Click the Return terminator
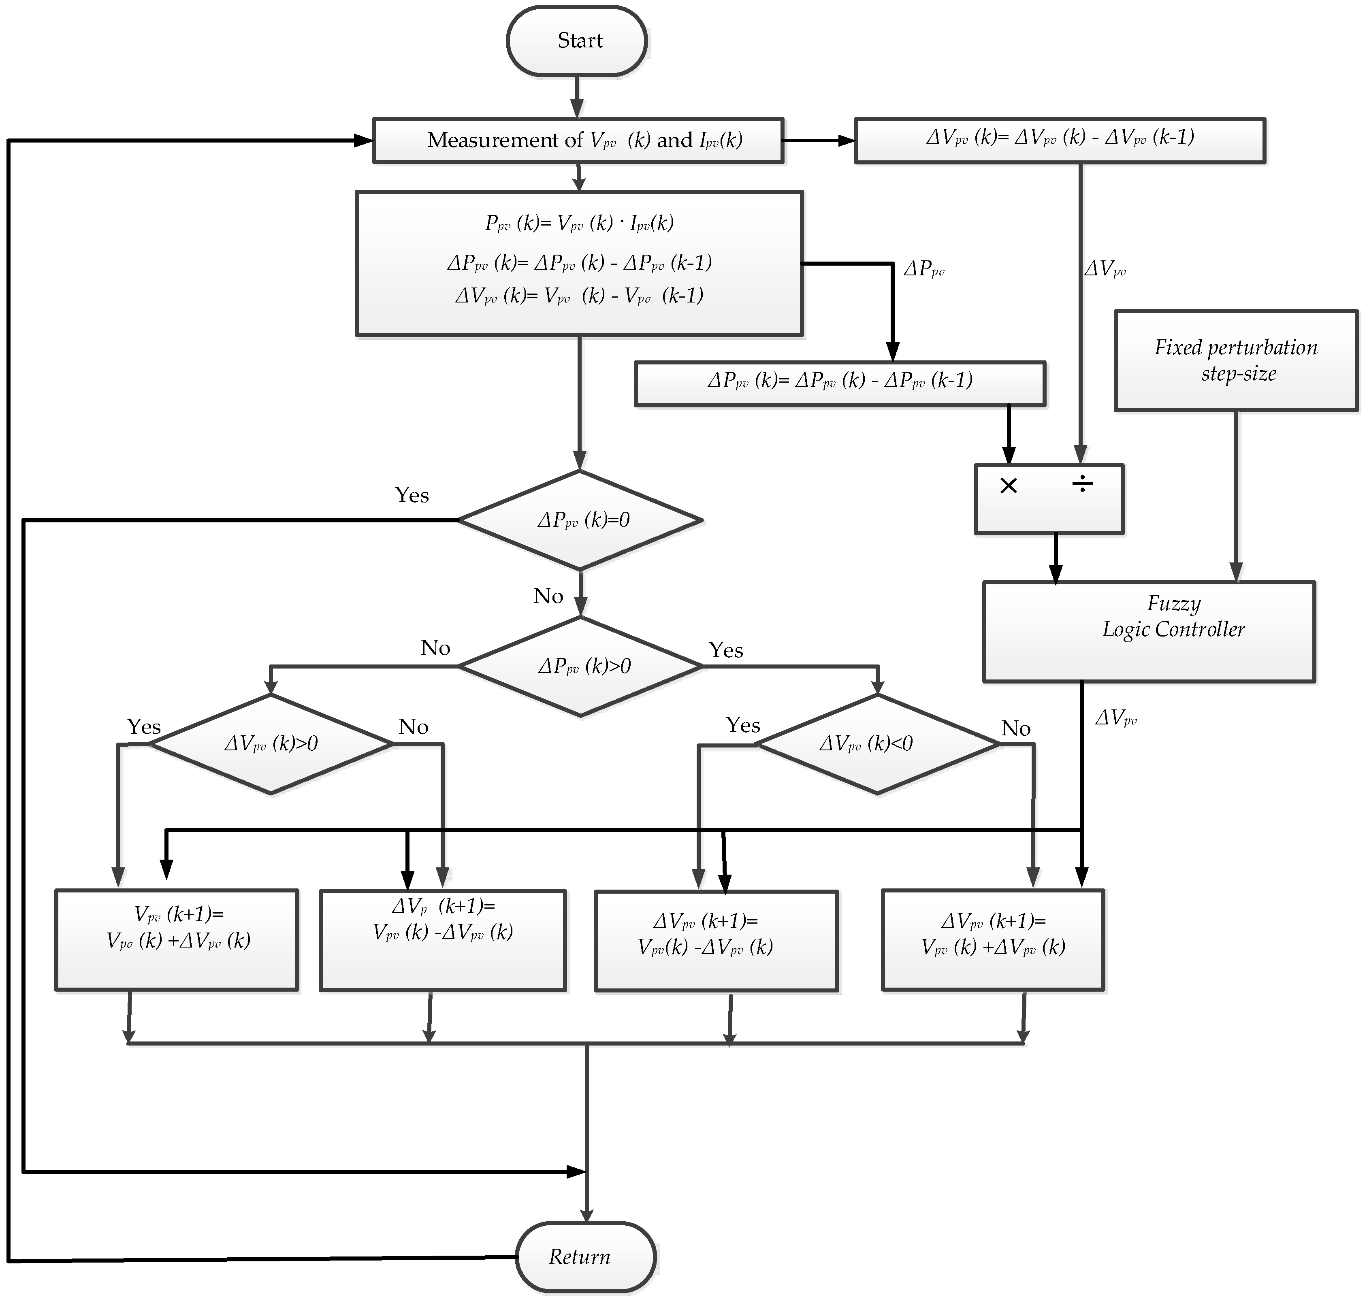pyautogui.click(x=585, y=1257)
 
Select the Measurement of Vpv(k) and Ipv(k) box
pyautogui.click(x=578, y=141)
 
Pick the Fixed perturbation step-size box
pyautogui.click(x=1235, y=360)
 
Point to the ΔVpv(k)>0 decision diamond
pyautogui.click(x=271, y=744)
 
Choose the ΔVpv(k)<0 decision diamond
pyautogui.click(x=877, y=744)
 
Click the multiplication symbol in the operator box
pyautogui.click(x=1009, y=486)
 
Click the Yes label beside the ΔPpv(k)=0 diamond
pyautogui.click(x=412, y=495)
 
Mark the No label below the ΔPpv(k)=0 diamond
pyautogui.click(x=548, y=596)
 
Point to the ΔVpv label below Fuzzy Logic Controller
pyautogui.click(x=1115, y=718)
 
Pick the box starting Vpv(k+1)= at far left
pyautogui.click(x=177, y=939)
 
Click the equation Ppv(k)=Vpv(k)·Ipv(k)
pyautogui.click(x=579, y=224)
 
